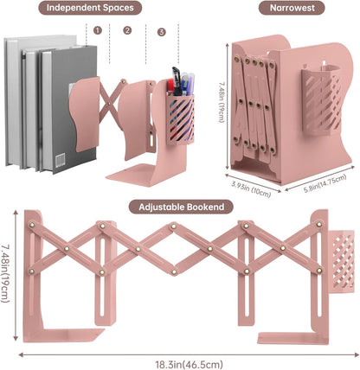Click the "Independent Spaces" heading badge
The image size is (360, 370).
pos(90,8)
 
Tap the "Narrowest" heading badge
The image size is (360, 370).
pos(292,8)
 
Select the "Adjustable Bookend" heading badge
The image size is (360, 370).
pos(181,207)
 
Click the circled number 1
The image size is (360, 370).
pos(98,30)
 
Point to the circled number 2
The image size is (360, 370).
pos(127,30)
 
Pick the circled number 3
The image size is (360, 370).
pos(162,32)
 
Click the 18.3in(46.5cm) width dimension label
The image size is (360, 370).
pos(189,364)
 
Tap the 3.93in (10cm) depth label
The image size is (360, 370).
pos(251,189)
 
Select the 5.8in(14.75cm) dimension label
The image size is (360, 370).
pos(325,184)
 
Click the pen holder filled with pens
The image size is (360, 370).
pos(180,119)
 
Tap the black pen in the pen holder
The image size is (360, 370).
pos(177,82)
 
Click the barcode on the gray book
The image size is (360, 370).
pos(61,160)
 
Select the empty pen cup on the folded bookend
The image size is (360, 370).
pos(321,101)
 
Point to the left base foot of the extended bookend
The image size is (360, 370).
pos(64,335)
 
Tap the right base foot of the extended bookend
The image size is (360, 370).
pos(292,339)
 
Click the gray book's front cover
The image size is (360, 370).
pos(74,110)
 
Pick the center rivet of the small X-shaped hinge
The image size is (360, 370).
pos(109,103)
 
